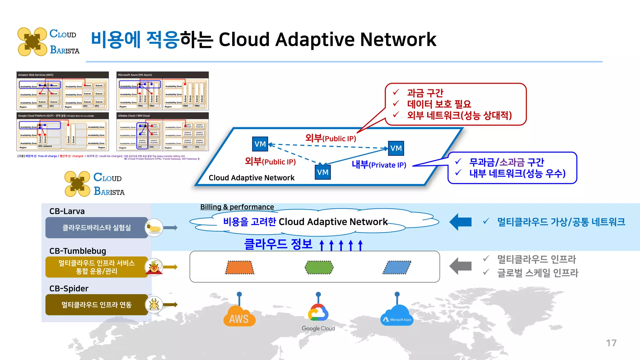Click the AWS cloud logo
click(239, 316)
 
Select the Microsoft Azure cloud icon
click(397, 316)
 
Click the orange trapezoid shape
click(240, 267)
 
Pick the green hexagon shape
click(319, 267)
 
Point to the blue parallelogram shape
click(397, 267)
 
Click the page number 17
click(611, 343)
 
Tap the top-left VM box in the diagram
click(260, 144)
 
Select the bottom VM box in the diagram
click(323, 172)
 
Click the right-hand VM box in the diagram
click(396, 148)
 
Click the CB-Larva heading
click(67, 211)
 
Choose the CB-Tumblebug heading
click(77, 251)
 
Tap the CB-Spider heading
click(69, 288)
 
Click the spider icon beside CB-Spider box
click(154, 304)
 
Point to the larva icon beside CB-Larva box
click(154, 228)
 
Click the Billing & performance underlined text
click(237, 207)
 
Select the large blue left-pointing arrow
click(460, 222)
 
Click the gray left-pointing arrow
click(460, 266)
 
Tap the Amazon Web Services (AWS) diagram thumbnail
click(62, 91)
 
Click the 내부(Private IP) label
click(379, 165)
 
